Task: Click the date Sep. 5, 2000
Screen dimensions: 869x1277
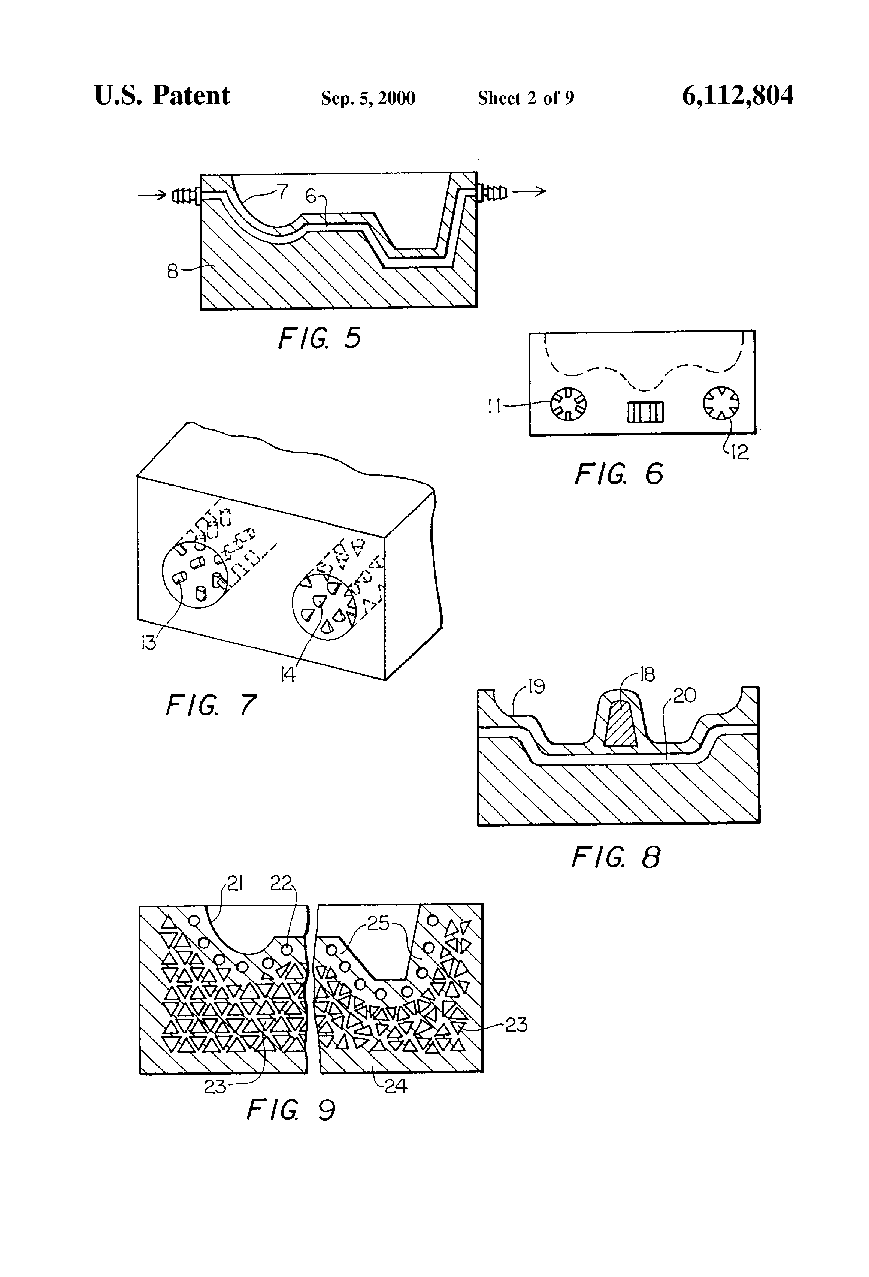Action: coord(368,98)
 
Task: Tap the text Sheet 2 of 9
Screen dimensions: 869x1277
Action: coord(526,98)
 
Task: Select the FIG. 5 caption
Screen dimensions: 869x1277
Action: coord(319,338)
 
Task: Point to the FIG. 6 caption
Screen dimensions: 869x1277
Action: coord(619,474)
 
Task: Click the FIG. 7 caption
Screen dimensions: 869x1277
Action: coord(211,704)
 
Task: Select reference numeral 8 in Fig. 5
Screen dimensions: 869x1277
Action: coord(172,271)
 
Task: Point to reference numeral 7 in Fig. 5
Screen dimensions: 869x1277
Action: coord(283,191)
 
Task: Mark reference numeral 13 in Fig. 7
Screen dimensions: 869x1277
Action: coord(149,643)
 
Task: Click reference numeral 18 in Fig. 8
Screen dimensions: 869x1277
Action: coord(648,675)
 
